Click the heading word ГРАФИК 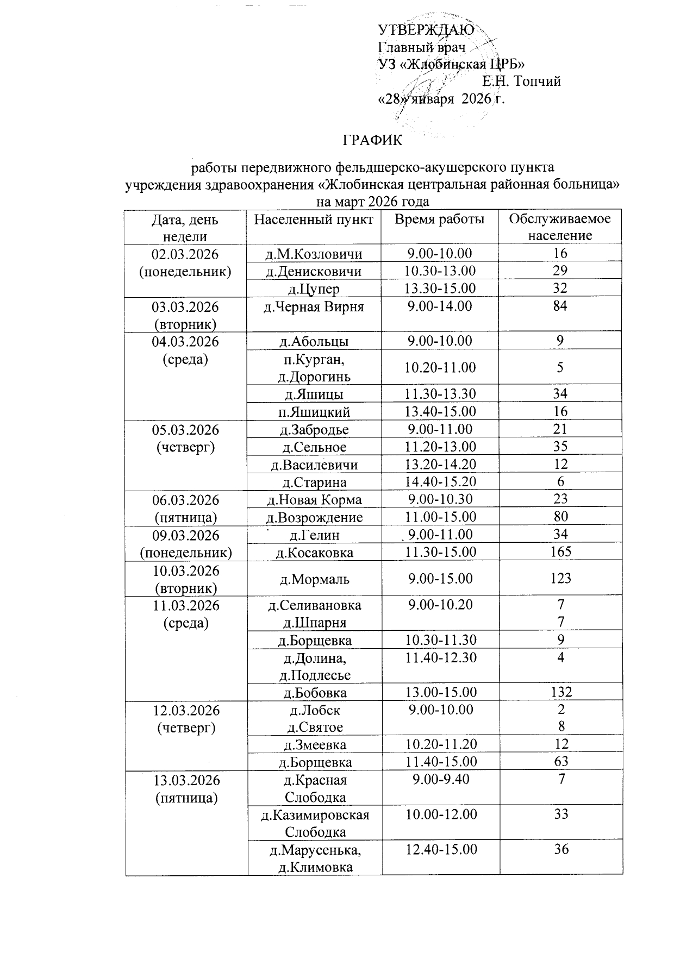click(372, 140)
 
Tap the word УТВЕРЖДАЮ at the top click(426, 29)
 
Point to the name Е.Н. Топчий click(521, 81)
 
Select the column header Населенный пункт click(314, 220)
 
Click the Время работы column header click(439, 220)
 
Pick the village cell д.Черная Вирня click(314, 306)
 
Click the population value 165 click(560, 552)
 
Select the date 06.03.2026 click(185, 499)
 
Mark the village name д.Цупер click(314, 289)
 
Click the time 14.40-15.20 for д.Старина click(440, 482)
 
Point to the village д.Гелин click(314, 535)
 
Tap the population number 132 click(560, 692)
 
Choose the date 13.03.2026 click(186, 780)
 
